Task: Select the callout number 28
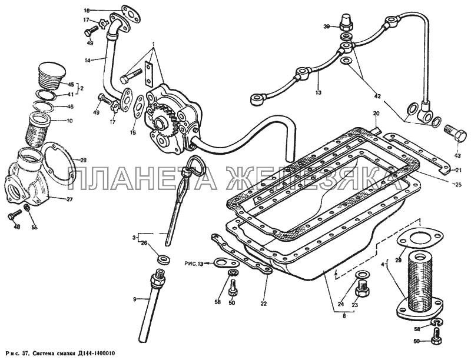tap(83, 160)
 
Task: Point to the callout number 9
tap(135, 299)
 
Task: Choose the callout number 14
tap(88, 59)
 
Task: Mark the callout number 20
tap(376, 113)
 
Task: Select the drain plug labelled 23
tap(361, 289)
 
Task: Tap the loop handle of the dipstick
tap(194, 169)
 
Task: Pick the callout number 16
tap(87, 11)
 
